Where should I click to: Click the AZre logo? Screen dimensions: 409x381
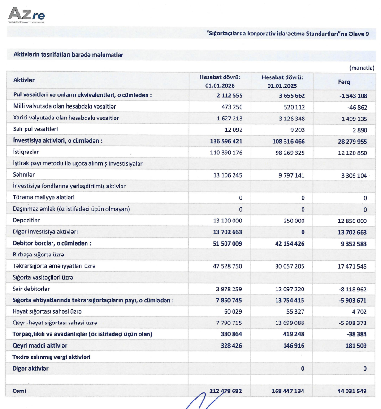coord(26,15)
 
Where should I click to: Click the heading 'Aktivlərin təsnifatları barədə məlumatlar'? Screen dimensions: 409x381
coord(68,55)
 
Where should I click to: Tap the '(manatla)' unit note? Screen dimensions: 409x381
coord(362,68)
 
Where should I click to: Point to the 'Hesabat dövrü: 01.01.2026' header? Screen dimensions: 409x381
coord(220,81)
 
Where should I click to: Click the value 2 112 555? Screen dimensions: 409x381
coord(227,95)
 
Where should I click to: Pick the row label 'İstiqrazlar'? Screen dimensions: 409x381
coord(26,153)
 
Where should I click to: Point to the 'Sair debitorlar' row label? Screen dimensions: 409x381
coord(32,289)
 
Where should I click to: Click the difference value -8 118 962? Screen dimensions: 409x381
coord(351,289)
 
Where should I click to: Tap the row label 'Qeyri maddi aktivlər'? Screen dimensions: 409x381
coord(40,346)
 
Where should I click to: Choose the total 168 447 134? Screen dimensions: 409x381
coord(282,391)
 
